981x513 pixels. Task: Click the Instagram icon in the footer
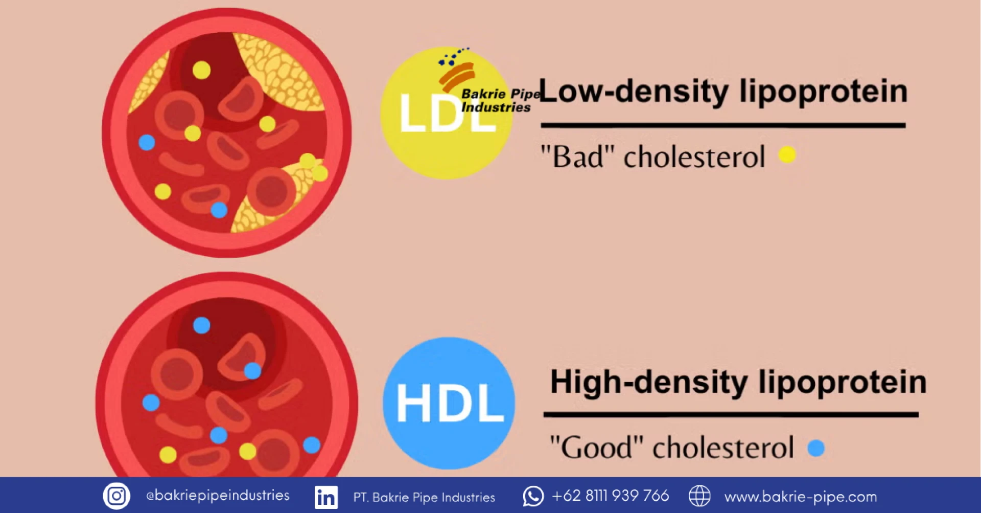click(x=116, y=496)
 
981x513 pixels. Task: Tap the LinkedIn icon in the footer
click(x=326, y=497)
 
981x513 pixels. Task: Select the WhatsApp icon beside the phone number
click(x=533, y=496)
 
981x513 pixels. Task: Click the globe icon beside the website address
click(x=699, y=496)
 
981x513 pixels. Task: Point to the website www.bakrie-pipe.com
click(x=800, y=497)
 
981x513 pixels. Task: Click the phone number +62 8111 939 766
click(x=610, y=496)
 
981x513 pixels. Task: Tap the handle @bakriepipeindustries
click(x=218, y=496)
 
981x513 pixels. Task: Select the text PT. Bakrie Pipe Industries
click(x=424, y=497)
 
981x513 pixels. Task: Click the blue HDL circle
click(x=449, y=403)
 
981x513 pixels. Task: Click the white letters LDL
click(x=447, y=114)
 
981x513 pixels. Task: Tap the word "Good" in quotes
click(x=596, y=447)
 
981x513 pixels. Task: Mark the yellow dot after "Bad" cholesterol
click(x=787, y=154)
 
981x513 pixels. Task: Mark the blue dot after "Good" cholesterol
click(x=816, y=448)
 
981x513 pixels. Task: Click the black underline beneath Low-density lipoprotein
click(x=723, y=125)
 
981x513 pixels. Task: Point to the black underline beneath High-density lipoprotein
click(x=731, y=414)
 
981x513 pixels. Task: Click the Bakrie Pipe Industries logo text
click(x=500, y=101)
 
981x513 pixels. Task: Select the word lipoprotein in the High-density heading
click(x=843, y=383)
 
